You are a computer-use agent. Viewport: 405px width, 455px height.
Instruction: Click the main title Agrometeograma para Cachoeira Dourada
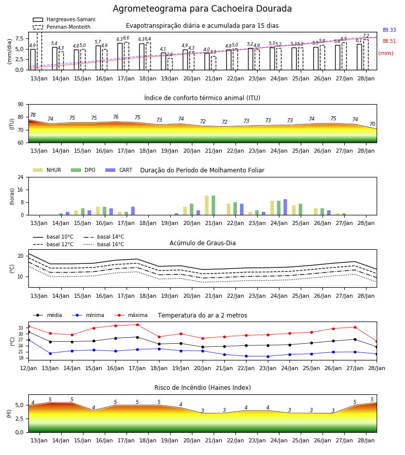pyautogui.click(x=202, y=9)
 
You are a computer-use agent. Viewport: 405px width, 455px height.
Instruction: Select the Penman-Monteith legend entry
pyautogui.click(x=62, y=27)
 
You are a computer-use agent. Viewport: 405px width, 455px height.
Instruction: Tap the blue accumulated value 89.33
pyautogui.click(x=389, y=30)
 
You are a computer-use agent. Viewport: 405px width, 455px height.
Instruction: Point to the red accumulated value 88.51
pyautogui.click(x=389, y=41)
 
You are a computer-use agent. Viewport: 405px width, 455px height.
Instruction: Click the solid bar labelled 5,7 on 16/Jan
pyautogui.click(x=98, y=58)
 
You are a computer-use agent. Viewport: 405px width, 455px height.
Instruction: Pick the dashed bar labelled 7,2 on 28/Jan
pyautogui.click(x=366, y=55)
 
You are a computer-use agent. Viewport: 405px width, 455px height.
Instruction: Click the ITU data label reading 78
pyautogui.click(x=32, y=115)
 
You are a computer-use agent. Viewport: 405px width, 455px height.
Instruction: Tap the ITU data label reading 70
pyautogui.click(x=372, y=124)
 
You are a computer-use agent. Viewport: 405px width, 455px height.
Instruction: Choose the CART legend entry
pyautogui.click(x=119, y=170)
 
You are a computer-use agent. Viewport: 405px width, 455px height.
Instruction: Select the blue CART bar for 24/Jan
pyautogui.click(x=286, y=207)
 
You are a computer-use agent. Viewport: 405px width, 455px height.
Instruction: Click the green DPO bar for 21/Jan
pyautogui.click(x=214, y=205)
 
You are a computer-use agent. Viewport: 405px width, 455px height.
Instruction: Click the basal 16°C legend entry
pyautogui.click(x=104, y=244)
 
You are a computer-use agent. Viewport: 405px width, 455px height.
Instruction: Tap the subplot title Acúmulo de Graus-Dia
pyautogui.click(x=202, y=243)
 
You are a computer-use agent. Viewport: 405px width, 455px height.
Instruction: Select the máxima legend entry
pyautogui.click(x=131, y=315)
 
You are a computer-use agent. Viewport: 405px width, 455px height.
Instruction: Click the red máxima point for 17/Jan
pyautogui.click(x=137, y=325)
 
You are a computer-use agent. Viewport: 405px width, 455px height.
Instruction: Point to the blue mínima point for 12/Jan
pyautogui.click(x=28, y=340)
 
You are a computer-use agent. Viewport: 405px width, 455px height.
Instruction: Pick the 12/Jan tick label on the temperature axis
pyautogui.click(x=28, y=368)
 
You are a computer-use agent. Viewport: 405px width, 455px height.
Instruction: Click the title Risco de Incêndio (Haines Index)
pyautogui.click(x=202, y=388)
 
